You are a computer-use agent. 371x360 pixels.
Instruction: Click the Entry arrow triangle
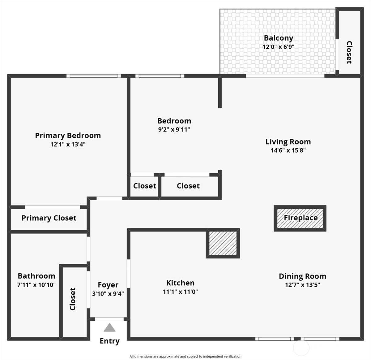coord(109,328)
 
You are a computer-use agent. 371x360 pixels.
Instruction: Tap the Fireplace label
coord(301,218)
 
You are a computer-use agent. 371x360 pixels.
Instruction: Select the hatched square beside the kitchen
coord(223,243)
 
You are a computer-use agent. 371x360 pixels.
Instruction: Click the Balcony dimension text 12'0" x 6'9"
coord(278,47)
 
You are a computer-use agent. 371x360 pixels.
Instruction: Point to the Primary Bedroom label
coord(68,136)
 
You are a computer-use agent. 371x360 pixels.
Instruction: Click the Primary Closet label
coord(49,218)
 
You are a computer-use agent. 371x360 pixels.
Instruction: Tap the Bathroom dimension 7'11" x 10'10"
coord(36,285)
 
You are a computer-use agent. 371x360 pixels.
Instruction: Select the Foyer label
coord(108,285)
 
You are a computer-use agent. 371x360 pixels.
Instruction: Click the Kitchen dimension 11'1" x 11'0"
coord(180,292)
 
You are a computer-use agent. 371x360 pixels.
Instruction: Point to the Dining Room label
coord(302,276)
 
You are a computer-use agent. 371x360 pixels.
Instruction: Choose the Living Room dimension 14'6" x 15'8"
coord(288,151)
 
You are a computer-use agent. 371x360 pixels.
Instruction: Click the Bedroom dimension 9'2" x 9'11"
coord(174,130)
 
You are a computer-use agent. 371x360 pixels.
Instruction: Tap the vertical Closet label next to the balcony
coord(349,52)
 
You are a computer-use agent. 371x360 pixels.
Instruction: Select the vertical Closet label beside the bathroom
coord(73,299)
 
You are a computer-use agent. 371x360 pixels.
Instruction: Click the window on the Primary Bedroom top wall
coord(94,76)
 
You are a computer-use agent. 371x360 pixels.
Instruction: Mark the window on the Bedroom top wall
coord(160,76)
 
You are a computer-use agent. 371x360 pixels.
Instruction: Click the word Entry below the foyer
coord(109,341)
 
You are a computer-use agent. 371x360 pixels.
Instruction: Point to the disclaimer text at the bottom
coord(185,357)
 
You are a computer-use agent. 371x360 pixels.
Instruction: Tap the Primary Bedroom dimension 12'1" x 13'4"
coord(68,144)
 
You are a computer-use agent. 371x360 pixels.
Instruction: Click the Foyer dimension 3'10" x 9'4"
coord(108,294)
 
